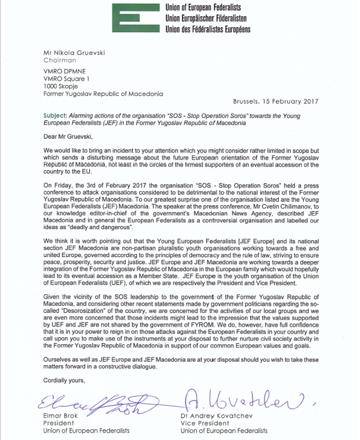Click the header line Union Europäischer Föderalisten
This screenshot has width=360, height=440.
(x=206, y=18)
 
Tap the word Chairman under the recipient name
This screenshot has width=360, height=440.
(x=60, y=60)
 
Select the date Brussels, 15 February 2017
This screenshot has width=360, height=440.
(x=276, y=101)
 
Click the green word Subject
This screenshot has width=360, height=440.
(x=54, y=116)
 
